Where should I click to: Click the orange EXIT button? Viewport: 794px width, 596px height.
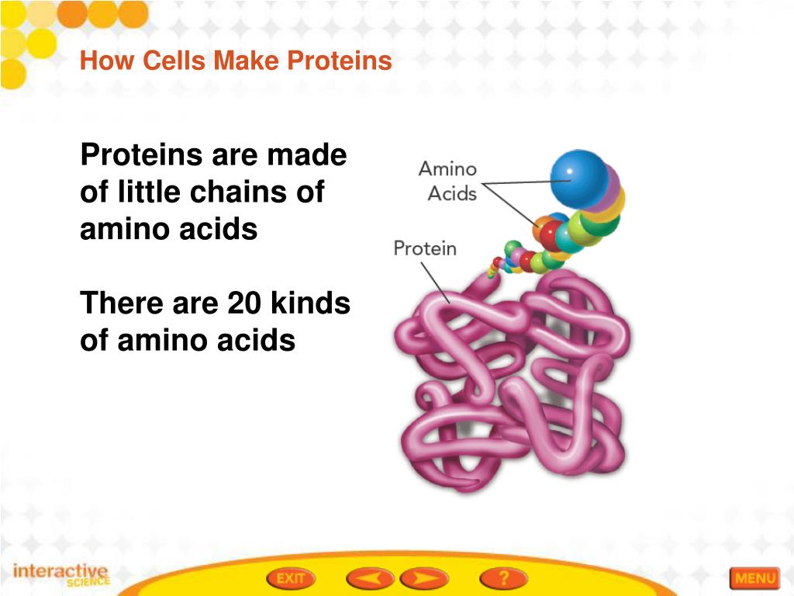pyautogui.click(x=291, y=578)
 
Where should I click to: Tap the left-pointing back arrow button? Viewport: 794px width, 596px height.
pyautogui.click(x=369, y=578)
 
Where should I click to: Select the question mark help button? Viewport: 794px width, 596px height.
pyautogui.click(x=503, y=578)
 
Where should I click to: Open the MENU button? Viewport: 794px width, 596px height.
pyautogui.click(x=754, y=578)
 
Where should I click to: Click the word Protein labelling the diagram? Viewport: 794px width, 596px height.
pyautogui.click(x=425, y=248)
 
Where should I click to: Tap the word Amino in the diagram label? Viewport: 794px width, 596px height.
pyautogui.click(x=447, y=168)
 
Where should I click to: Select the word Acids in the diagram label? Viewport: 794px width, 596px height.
pyautogui.click(x=452, y=193)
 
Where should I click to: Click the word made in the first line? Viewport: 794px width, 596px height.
pyautogui.click(x=307, y=155)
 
